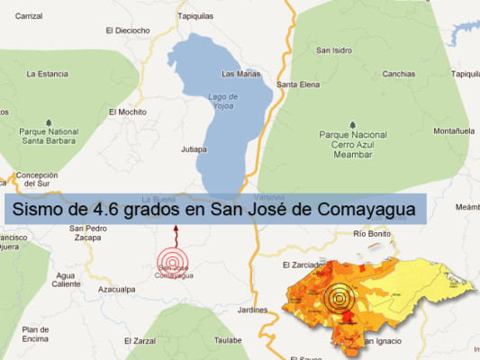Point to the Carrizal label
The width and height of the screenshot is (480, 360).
point(29,15)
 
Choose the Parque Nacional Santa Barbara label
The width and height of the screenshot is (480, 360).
point(49,135)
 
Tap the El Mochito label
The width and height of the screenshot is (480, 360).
point(127,112)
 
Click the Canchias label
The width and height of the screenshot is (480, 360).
point(398,74)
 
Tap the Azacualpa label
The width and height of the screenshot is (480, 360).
point(116,289)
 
